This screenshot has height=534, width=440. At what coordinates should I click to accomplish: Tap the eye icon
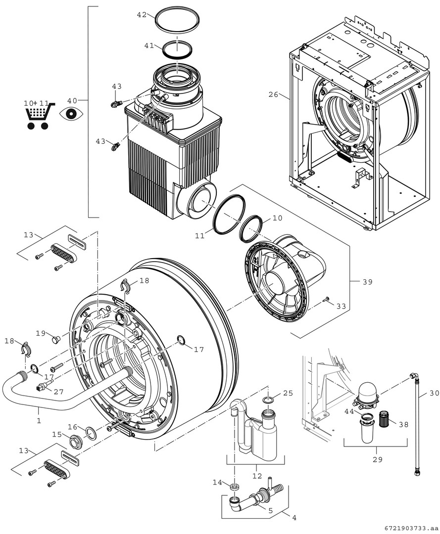point(71,114)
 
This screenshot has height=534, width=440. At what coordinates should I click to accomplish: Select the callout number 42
point(142,15)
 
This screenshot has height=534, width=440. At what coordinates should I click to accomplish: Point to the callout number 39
point(367,282)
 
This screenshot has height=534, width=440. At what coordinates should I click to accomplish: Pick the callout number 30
point(434,393)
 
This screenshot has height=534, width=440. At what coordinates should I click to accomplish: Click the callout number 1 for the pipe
point(39,420)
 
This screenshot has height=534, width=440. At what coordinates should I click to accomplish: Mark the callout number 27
point(59,392)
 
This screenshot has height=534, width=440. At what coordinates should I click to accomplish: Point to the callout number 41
point(149,45)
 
